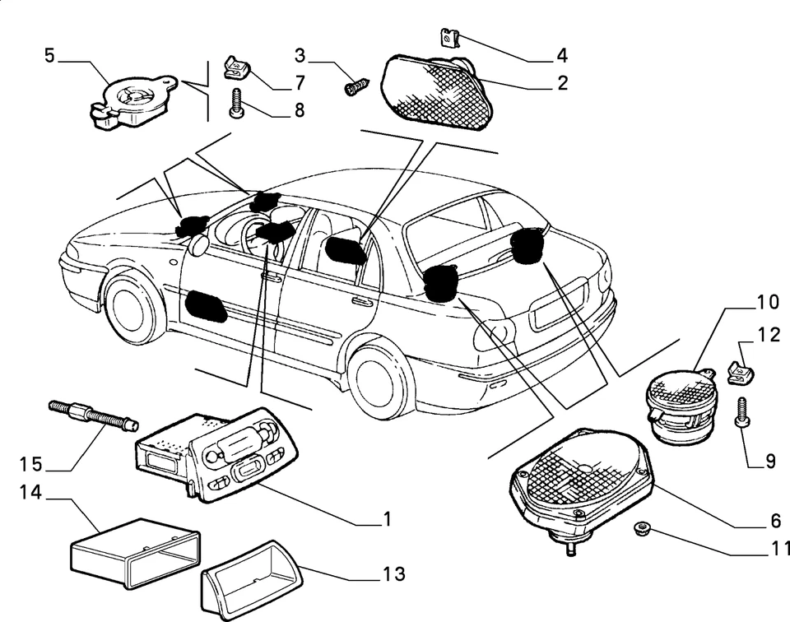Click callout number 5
pos(49,56)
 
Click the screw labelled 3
pos(359,85)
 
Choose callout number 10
pos(767,302)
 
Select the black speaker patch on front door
pos(206,305)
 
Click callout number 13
pos(395,574)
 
